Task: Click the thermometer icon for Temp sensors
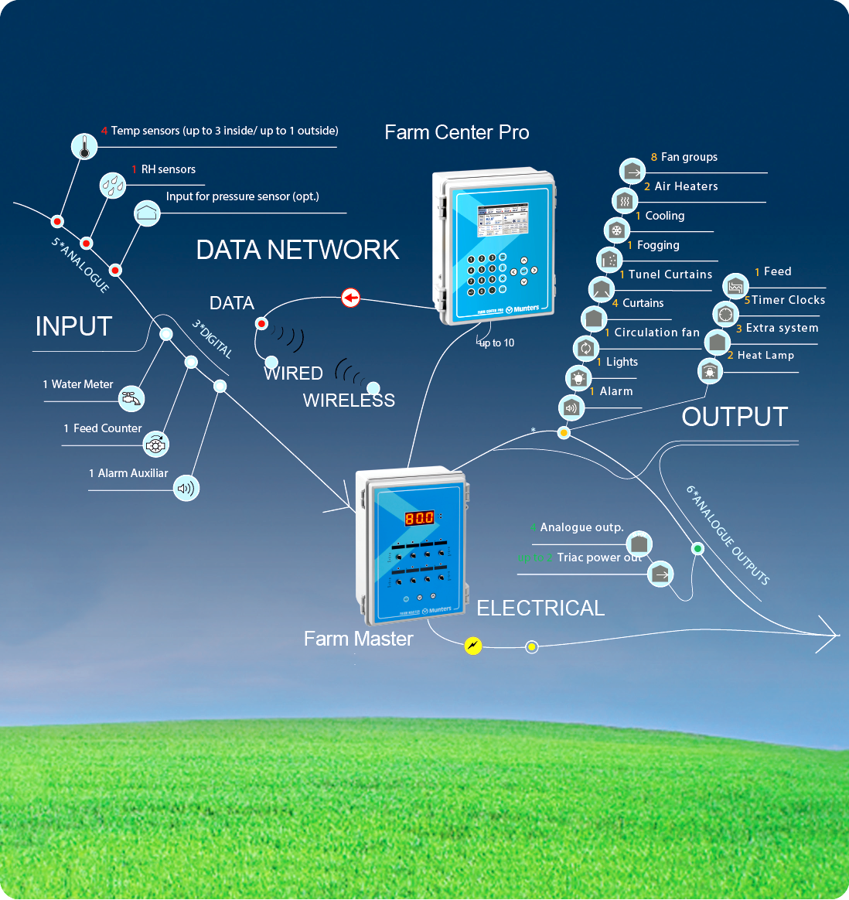84,145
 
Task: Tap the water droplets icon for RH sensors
113,185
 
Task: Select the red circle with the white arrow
351,298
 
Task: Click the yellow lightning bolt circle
472,646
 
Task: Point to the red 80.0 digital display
419,518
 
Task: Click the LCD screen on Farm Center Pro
502,221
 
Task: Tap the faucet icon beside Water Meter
132,398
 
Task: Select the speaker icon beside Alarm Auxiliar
186,488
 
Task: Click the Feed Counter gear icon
156,444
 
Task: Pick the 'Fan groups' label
688,157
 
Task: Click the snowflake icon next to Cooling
616,230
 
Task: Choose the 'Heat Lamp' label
765,356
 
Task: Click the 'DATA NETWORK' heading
298,250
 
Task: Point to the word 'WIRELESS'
349,401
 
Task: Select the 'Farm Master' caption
358,639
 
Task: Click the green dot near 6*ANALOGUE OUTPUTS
697,549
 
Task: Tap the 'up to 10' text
496,343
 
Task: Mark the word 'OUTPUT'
735,417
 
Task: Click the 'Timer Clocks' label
788,300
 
